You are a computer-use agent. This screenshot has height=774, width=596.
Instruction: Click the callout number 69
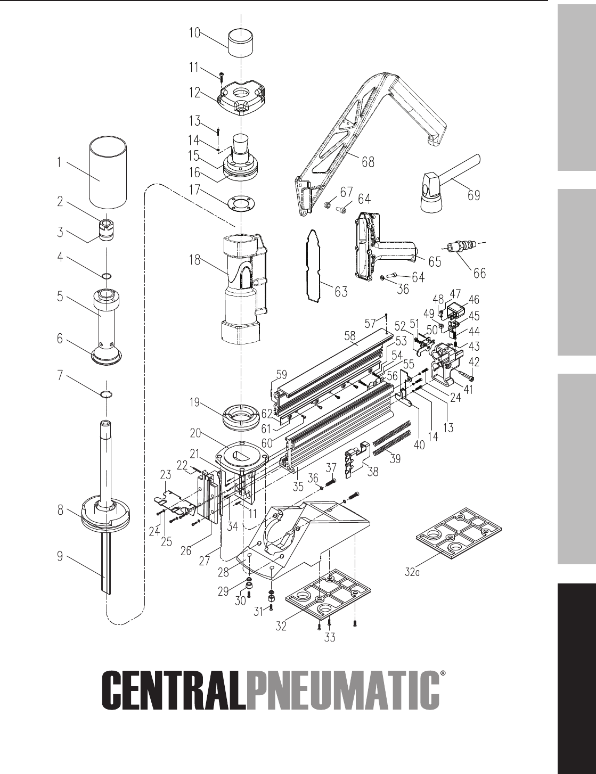[x=474, y=195]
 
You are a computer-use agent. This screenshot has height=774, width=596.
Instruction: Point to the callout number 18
[x=195, y=260]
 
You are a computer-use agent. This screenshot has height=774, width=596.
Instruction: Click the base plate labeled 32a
[x=460, y=534]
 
